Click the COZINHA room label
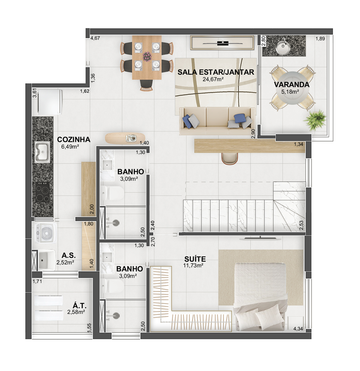(73, 139)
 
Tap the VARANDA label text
(291, 84)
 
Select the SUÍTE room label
(195, 259)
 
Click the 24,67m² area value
(213, 79)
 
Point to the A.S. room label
(69, 255)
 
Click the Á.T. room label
(79, 305)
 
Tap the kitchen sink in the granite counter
(42, 152)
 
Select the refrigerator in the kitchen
(50, 102)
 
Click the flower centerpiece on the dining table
(147, 56)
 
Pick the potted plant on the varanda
(316, 120)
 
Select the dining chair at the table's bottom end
(147, 86)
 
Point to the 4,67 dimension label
(96, 38)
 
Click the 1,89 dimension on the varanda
(320, 39)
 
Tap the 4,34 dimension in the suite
(298, 328)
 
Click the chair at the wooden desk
(230, 158)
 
